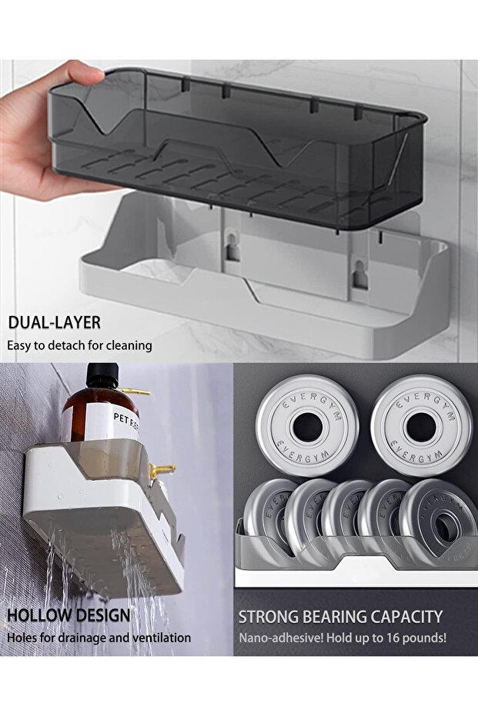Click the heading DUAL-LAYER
[x=54, y=322]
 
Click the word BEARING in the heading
[x=328, y=617]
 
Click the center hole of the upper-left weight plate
[x=307, y=427]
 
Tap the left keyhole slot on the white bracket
[x=232, y=247]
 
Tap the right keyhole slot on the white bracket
[x=360, y=274]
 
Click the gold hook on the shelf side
[x=162, y=471]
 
